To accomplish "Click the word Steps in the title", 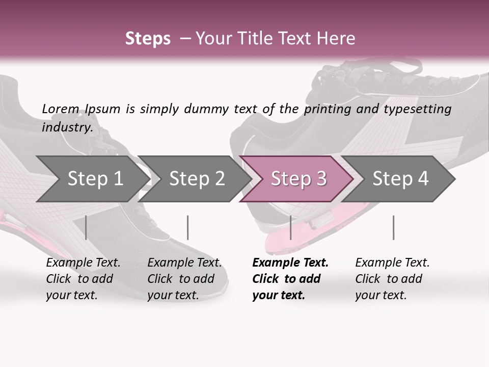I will pos(148,39).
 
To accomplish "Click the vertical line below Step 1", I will pos(86,227).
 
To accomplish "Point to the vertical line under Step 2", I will pos(188,227).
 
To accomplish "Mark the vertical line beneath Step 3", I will pos(290,227).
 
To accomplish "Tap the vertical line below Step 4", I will pos(393,227).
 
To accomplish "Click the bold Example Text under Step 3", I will pos(290,279).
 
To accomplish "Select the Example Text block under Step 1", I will pos(83,279).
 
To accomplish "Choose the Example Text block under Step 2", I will pos(184,279).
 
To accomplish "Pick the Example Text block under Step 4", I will pos(392,279).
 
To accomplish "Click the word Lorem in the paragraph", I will pos(61,109).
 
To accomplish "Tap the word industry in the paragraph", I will pos(67,127).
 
